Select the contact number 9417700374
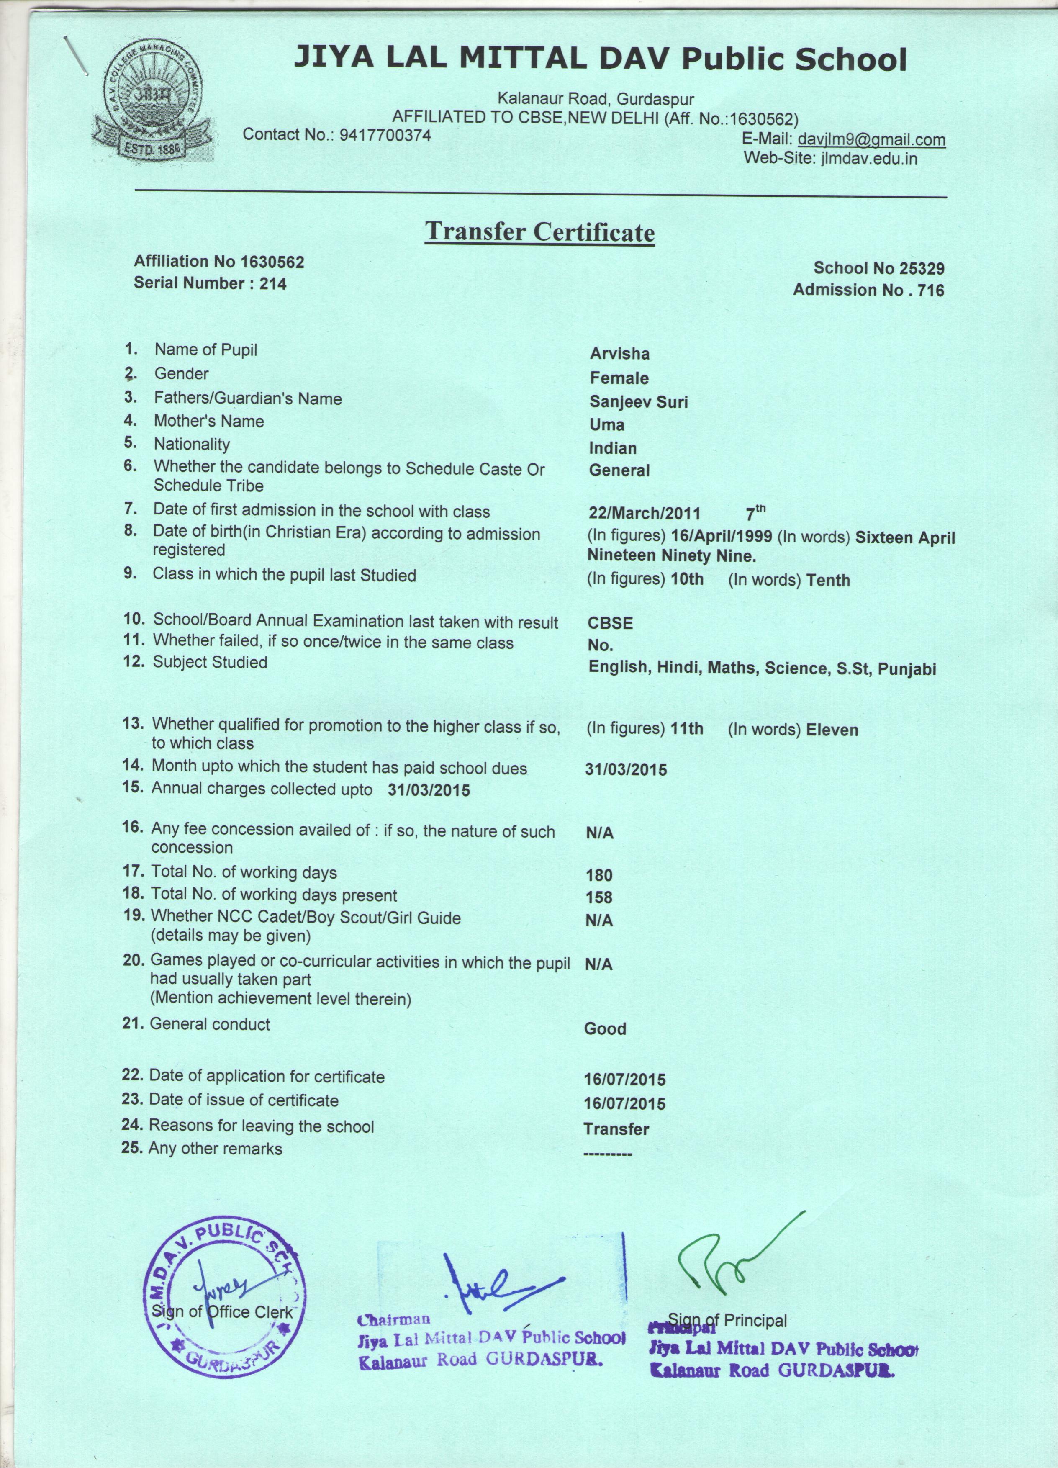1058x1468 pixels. (x=386, y=135)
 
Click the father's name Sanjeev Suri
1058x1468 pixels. (x=638, y=402)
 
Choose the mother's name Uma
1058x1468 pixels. (x=606, y=425)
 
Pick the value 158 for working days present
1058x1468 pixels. (x=598, y=898)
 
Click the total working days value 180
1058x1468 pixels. (x=598, y=875)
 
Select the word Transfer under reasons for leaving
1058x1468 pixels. (x=615, y=1129)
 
